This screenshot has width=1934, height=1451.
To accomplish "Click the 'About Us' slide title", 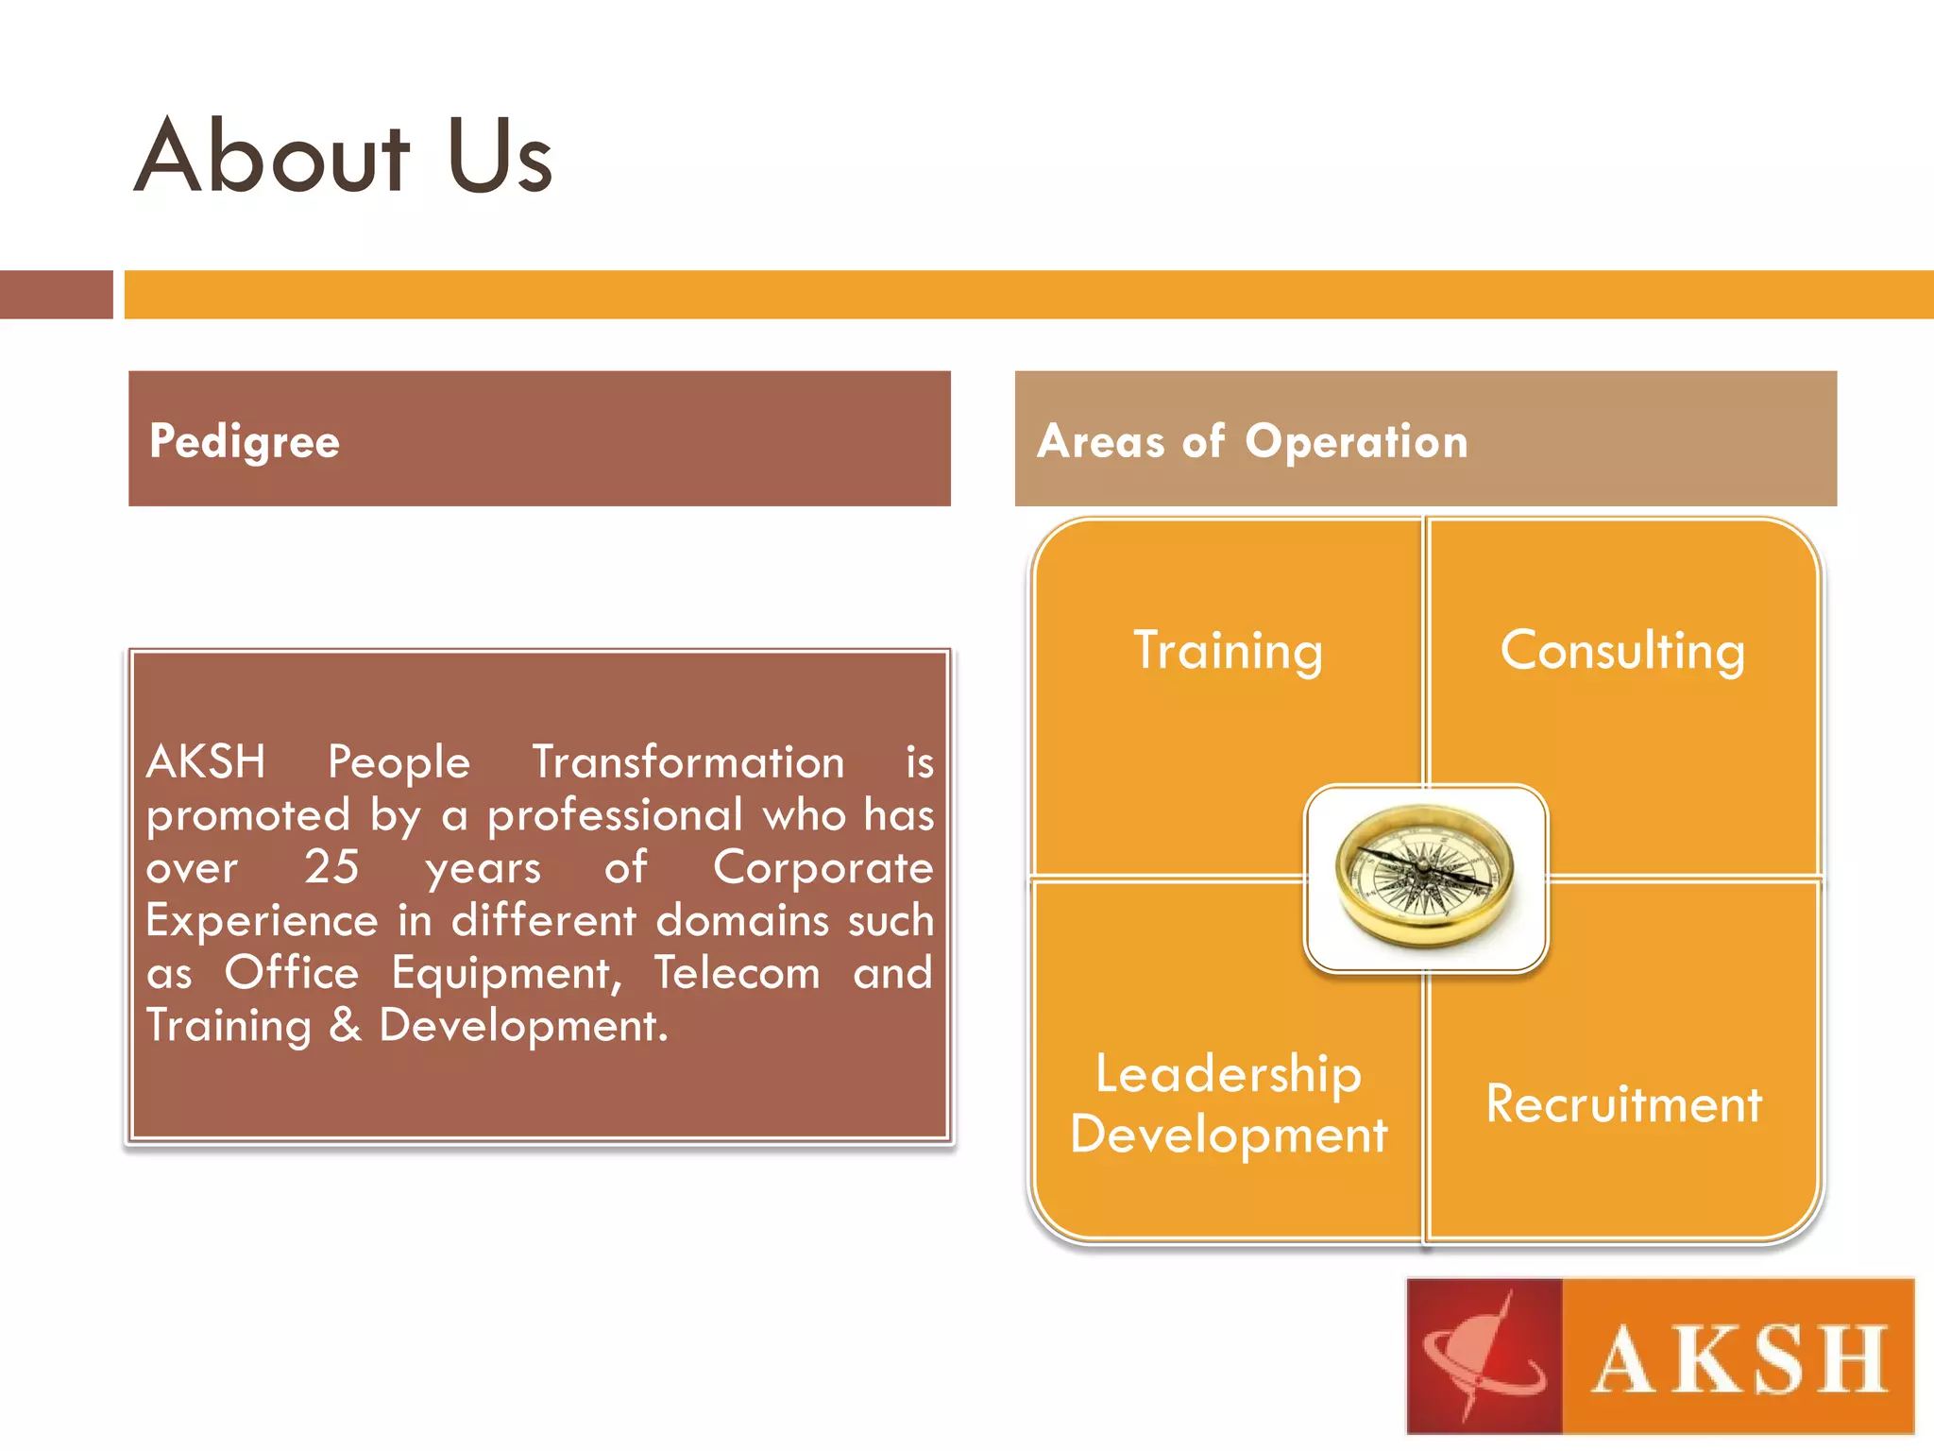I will (343, 157).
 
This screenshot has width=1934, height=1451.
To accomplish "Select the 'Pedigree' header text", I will (245, 442).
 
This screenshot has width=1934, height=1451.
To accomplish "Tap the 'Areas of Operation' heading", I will (1252, 442).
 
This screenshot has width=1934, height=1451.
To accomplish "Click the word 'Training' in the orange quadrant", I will (1228, 651).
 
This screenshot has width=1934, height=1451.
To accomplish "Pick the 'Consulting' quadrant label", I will (1622, 651).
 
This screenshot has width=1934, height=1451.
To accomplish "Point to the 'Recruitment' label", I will (1623, 1103).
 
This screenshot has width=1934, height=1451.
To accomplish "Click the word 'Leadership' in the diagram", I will (1228, 1074).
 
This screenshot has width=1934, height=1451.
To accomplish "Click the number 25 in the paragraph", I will (331, 867).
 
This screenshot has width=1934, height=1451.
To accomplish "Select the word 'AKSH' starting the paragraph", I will (206, 761).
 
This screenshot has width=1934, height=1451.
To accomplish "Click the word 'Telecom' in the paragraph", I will (738, 973).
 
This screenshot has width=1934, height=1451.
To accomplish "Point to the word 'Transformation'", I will (688, 761).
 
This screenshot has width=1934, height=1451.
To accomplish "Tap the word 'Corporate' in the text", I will (823, 867).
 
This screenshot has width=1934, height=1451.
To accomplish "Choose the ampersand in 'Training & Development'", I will (346, 1026).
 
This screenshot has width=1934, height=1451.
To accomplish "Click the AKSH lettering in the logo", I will (1739, 1359).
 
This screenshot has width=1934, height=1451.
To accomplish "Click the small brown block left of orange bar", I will (56, 295).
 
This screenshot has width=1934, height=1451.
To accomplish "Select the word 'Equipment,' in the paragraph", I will (506, 974).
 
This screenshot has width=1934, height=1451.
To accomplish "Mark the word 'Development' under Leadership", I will (1228, 1134).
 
